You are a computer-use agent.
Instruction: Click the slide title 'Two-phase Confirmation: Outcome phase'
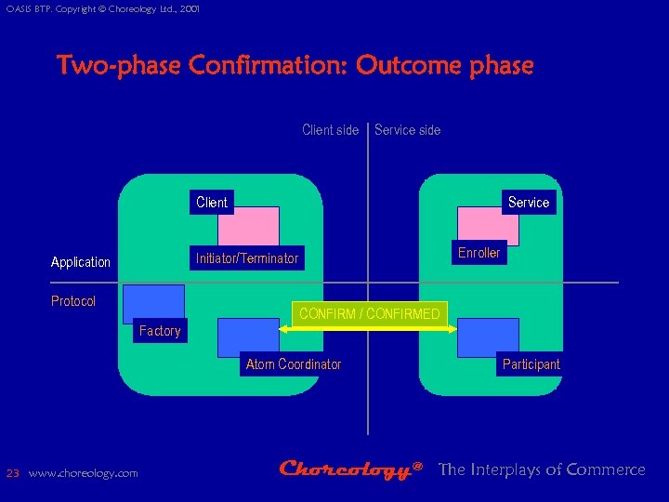[x=295, y=67]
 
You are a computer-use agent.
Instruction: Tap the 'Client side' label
[x=330, y=130]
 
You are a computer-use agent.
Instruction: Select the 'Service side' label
[x=407, y=130]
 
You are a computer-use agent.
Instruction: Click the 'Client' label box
[x=212, y=202]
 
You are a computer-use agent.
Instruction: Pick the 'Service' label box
[x=528, y=203]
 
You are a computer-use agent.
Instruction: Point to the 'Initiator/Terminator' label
[x=247, y=258]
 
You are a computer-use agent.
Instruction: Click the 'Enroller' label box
[x=479, y=253]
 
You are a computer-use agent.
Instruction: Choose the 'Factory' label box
[x=160, y=331]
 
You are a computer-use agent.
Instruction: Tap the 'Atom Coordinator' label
[x=294, y=364]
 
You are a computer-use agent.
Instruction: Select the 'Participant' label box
[x=531, y=364]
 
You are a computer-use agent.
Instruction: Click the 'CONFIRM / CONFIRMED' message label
[x=370, y=314]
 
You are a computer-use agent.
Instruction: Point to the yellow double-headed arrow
[x=368, y=327]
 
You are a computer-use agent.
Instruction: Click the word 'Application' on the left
[x=81, y=262]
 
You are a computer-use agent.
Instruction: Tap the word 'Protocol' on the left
[x=73, y=301]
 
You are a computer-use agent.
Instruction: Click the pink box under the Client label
[x=248, y=226]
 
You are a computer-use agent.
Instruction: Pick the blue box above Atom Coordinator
[x=248, y=337]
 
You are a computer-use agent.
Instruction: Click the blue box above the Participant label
[x=488, y=337]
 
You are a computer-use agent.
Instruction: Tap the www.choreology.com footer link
[x=84, y=473]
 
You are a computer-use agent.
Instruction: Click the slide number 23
[x=13, y=473]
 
